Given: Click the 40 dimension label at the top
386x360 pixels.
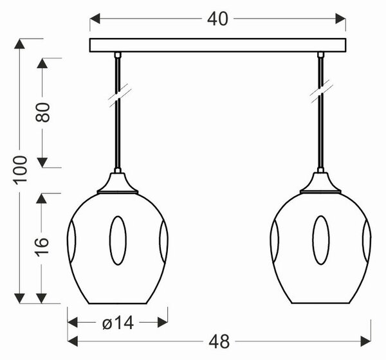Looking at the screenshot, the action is [217, 19].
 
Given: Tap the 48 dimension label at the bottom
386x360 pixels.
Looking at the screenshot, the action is [219, 341].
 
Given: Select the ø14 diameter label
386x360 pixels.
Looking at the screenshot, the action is [118, 323].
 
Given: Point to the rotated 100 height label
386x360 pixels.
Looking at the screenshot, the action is [21, 170].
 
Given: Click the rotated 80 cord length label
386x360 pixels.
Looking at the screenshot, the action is [42, 113].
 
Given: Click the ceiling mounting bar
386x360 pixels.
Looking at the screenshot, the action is [217, 45].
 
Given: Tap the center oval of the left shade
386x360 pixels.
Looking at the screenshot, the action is [118, 240].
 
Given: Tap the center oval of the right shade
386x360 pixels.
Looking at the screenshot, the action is [321, 240].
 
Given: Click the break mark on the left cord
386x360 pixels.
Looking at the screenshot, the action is [120, 96].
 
